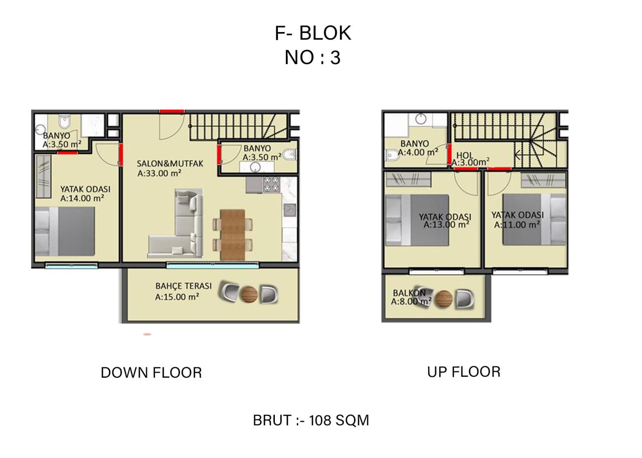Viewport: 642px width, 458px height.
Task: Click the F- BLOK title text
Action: (312, 33)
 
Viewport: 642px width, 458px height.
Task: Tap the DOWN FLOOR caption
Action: (151, 373)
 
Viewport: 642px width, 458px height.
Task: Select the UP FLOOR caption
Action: (464, 372)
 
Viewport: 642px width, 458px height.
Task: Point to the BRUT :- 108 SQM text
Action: (311, 420)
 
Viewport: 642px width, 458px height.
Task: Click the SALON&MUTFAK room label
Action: (170, 164)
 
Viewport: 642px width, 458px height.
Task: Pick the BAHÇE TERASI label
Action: (184, 286)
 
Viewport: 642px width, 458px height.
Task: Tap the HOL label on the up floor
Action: (465, 155)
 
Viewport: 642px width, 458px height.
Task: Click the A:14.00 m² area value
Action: (82, 198)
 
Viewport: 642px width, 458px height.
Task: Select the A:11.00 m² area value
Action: (517, 224)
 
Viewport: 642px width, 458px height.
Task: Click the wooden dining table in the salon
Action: (233, 235)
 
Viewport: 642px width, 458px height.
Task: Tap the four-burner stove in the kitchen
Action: (271, 184)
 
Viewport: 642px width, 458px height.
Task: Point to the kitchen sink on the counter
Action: (290, 210)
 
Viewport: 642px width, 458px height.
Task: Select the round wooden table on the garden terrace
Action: (249, 295)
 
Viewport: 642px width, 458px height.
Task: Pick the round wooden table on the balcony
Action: (444, 299)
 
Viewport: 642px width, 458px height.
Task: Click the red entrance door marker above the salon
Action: (172, 111)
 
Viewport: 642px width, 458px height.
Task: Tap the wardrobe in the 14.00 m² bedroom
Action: (44, 176)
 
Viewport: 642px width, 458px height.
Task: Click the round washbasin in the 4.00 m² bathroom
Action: (421, 119)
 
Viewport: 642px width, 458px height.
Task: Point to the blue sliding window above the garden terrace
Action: (212, 266)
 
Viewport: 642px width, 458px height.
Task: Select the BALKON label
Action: (409, 293)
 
